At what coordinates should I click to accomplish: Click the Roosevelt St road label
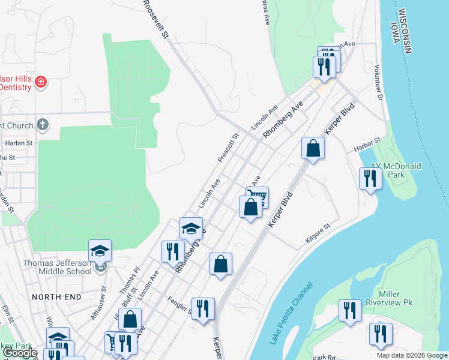tap(155, 20)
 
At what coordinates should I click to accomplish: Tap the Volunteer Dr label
tap(378, 82)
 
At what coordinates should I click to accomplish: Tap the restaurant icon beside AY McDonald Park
tap(370, 178)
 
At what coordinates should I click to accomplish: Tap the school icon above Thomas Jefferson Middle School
tap(100, 250)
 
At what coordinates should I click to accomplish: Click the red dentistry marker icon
tap(41, 82)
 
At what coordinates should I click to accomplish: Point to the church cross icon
tap(42, 125)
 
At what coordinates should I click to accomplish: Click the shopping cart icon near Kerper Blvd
tap(258, 196)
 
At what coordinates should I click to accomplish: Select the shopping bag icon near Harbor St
tap(313, 148)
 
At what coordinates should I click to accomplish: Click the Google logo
tap(20, 353)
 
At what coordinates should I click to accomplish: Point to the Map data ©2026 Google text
tap(411, 355)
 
